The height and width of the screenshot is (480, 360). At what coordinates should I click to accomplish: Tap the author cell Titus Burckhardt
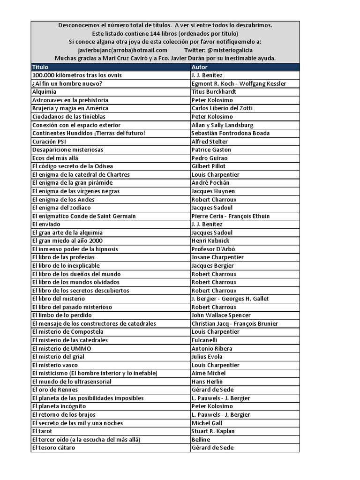click(213, 92)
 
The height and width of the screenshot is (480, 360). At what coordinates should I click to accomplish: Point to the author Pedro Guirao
click(209, 158)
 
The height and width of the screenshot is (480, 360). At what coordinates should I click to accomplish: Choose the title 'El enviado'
click(46, 224)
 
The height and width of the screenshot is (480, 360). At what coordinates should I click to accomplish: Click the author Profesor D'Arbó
click(213, 249)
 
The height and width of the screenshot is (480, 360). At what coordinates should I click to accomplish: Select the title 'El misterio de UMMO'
click(62, 348)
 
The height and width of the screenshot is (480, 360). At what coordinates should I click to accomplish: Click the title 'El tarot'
click(42, 431)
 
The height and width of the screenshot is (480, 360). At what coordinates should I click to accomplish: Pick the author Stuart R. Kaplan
click(213, 431)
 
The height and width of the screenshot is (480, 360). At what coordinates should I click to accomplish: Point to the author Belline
click(201, 440)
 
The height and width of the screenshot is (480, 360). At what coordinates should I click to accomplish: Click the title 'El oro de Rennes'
click(55, 390)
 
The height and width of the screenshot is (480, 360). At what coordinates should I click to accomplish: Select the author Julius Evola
click(207, 357)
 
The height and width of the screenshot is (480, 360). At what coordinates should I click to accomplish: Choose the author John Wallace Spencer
click(221, 315)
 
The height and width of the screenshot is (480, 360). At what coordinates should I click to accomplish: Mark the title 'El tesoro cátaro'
click(53, 448)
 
